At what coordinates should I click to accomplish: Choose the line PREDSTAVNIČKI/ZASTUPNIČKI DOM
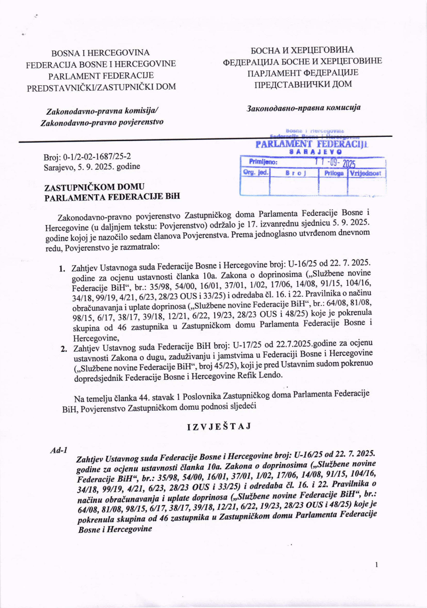pos(101,87)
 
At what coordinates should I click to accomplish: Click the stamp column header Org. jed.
pos(256,173)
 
